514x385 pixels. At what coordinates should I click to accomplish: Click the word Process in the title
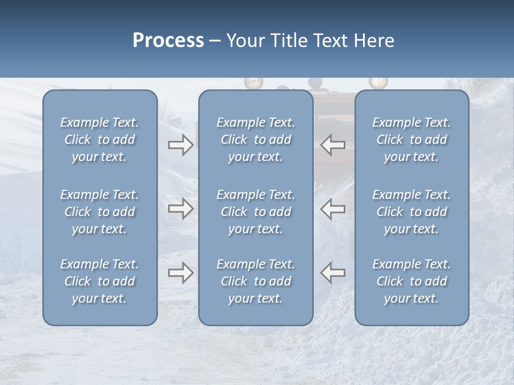tap(168, 41)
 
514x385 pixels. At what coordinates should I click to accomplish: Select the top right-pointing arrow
tap(181, 145)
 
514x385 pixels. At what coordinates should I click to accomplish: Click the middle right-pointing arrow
tap(181, 209)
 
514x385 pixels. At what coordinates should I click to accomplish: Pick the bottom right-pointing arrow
tap(181, 273)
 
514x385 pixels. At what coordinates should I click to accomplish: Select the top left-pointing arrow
tap(332, 145)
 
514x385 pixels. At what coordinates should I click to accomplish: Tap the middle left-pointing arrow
tap(332, 209)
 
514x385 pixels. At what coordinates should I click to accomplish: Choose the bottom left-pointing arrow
tap(332, 273)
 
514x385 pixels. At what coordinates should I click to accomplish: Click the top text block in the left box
tap(100, 140)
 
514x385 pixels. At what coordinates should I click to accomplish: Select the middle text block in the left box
tap(100, 212)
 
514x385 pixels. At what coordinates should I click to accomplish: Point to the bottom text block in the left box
tap(100, 281)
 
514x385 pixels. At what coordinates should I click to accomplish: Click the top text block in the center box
tap(256, 140)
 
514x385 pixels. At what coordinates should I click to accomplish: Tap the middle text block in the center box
tap(256, 212)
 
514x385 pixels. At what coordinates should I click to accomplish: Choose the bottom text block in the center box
tap(256, 281)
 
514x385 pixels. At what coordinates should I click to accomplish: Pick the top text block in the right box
tap(412, 140)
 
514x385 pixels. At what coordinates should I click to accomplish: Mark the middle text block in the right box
tap(412, 212)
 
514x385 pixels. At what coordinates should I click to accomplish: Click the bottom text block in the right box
tap(412, 281)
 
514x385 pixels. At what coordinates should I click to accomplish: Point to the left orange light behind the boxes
tap(253, 83)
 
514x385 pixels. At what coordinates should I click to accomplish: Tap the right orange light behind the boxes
tap(378, 82)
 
